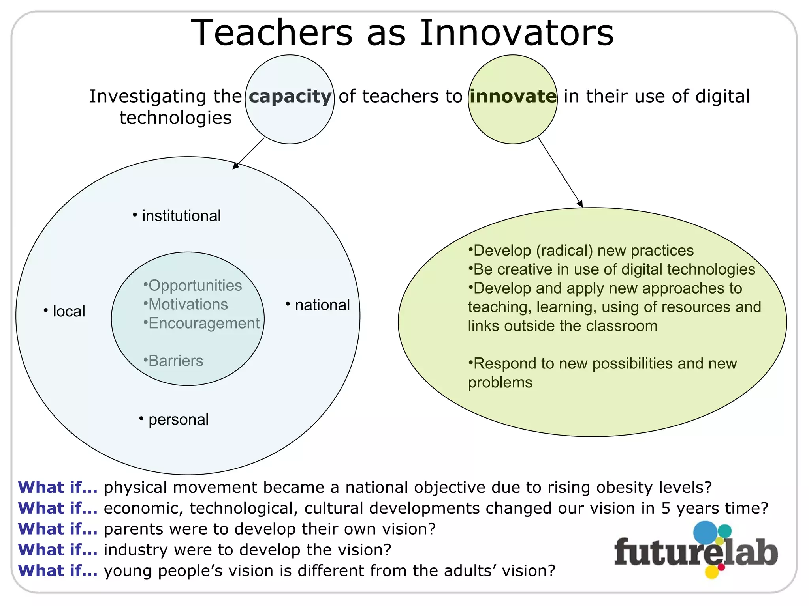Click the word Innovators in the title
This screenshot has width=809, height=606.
coord(516,33)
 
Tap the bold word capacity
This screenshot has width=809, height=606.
coord(290,96)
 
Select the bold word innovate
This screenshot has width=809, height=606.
coord(513,96)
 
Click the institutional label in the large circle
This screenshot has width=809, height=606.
coord(181,216)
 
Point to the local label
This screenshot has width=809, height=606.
coord(69,311)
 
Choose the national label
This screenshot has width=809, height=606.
coord(322,305)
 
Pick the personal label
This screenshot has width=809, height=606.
coord(178,419)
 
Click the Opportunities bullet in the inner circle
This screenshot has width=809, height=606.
coord(195,285)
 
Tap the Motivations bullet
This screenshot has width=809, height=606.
coord(188,304)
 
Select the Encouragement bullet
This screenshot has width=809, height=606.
coord(203,323)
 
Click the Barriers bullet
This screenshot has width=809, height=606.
coord(175,361)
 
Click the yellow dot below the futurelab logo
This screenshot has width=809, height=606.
coord(711,572)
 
